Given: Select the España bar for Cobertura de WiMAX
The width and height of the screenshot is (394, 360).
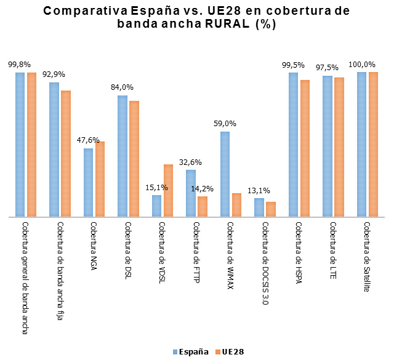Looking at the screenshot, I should point(225,174).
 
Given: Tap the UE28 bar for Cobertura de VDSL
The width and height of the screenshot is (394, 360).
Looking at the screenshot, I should point(168,191).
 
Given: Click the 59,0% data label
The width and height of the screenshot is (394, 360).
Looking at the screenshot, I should point(225,124).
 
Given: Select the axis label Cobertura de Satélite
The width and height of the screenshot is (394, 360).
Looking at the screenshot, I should point(367,257).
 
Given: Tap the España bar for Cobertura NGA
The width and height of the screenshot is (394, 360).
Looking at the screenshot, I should point(89,183).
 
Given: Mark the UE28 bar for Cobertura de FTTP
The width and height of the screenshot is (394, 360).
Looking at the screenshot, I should point(203,207).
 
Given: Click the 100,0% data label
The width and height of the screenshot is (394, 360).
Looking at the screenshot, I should point(363,64).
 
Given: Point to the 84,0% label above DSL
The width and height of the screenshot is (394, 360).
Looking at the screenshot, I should point(122,87).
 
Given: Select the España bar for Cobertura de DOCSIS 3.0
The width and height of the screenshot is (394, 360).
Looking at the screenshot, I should point(259,207).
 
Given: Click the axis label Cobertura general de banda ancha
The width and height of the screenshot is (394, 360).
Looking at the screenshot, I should point(25,277).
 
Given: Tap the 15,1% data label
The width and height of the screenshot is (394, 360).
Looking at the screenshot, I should point(156,187).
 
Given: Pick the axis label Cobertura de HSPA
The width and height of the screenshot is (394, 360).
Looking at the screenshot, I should point(299,252).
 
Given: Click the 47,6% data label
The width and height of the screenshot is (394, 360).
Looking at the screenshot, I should point(88,140).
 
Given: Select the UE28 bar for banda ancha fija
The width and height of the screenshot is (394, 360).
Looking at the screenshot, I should point(66,154).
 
